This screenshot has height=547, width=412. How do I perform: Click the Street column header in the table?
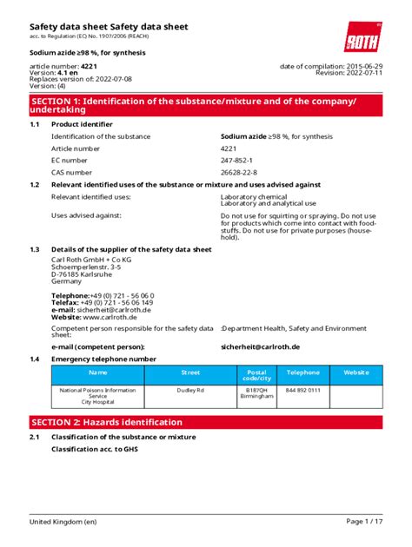click(190, 372)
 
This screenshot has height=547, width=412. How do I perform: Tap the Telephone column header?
click(303, 372)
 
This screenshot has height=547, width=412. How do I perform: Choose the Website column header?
click(356, 372)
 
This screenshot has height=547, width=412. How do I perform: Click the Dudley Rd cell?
click(190, 391)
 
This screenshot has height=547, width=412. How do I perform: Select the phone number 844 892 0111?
click(303, 391)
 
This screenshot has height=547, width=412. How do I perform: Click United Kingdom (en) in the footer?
click(63, 521)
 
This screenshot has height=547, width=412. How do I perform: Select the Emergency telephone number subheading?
click(103, 359)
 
